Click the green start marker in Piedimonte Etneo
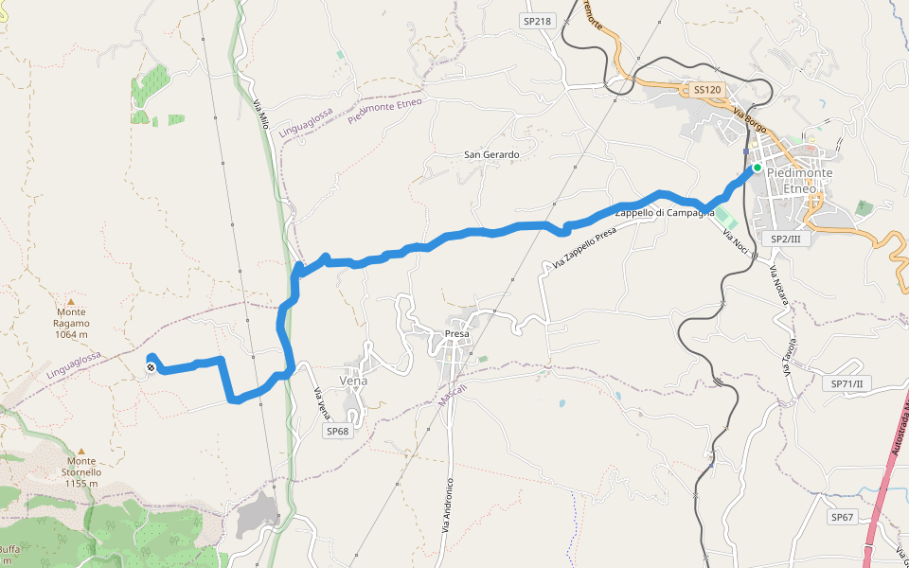[757, 168]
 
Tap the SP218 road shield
[536, 21]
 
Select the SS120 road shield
[707, 90]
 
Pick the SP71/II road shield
[850, 383]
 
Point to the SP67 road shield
[843, 517]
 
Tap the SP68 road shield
[337, 431]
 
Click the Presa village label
[457, 334]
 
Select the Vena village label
[352, 381]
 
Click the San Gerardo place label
[491, 154]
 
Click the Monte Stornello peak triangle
[81, 451]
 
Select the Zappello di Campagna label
[665, 213]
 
